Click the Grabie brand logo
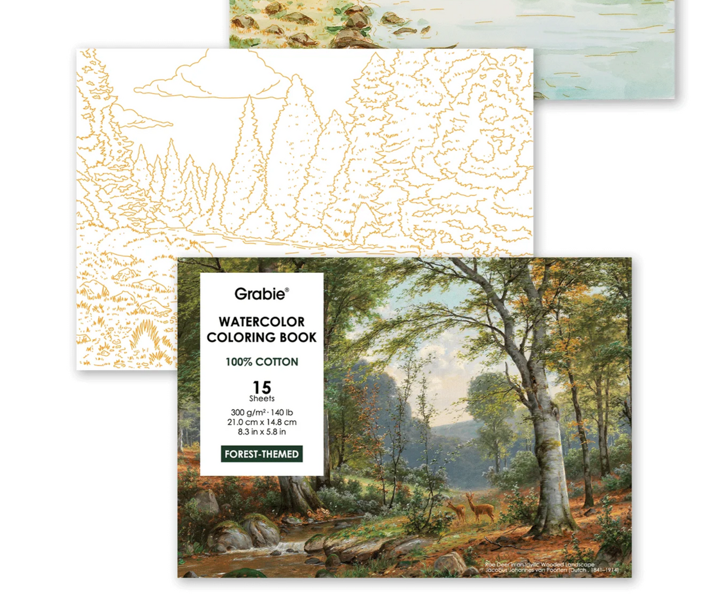259,294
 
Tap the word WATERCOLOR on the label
262,322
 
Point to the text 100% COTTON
262,362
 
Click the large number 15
262,386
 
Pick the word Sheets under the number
262,398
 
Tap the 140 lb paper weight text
281,412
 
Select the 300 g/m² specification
248,412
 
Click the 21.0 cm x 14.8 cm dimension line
262,422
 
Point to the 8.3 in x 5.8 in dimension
262,431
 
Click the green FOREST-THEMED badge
262,454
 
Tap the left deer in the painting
456,510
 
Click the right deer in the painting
481,508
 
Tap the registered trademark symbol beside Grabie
287,290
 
